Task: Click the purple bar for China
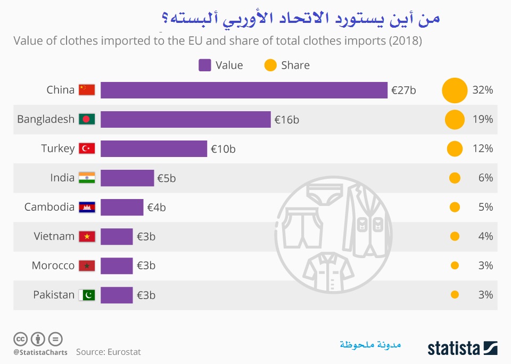pyautogui.click(x=244, y=90)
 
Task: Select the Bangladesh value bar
pyautogui.click(x=185, y=119)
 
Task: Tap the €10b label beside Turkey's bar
pyautogui.click(x=223, y=149)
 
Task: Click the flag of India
pyautogui.click(x=86, y=178)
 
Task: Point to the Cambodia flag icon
pyautogui.click(x=86, y=207)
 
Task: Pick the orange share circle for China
pyautogui.click(x=454, y=90)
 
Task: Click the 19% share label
pyautogui.click(x=483, y=119)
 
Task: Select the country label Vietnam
pyautogui.click(x=54, y=236)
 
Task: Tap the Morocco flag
pyautogui.click(x=86, y=266)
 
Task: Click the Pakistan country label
pyautogui.click(x=54, y=295)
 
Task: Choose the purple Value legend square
pyautogui.click(x=205, y=65)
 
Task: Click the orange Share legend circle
pyautogui.click(x=270, y=65)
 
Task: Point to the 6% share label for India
pyautogui.click(x=485, y=178)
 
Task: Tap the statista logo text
pyautogui.click(x=454, y=348)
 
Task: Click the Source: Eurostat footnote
pyautogui.click(x=109, y=352)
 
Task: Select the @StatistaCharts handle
pyautogui.click(x=40, y=352)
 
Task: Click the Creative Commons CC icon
pyautogui.click(x=20, y=338)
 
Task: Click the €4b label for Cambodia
pyautogui.click(x=156, y=208)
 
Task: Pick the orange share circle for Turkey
pyautogui.click(x=454, y=148)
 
